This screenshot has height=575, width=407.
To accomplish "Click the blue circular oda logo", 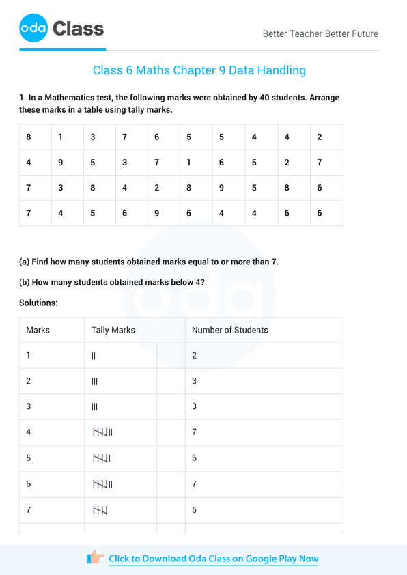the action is [x=33, y=29].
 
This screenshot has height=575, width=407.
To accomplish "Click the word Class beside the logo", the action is [x=78, y=29].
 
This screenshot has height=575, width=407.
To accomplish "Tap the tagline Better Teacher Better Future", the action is [x=320, y=33].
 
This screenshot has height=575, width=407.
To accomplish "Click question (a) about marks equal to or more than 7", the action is [x=149, y=262].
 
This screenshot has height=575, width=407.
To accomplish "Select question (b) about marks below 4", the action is [x=112, y=282].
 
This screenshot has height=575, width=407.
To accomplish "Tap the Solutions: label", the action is [x=38, y=302].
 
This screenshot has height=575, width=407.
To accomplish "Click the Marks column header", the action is [x=38, y=330].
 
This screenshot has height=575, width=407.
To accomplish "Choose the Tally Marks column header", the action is [x=113, y=330].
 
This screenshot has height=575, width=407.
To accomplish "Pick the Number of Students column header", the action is [x=229, y=330].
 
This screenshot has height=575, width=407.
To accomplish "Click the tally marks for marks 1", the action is [x=94, y=356].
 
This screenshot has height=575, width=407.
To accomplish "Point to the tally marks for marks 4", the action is [x=102, y=432].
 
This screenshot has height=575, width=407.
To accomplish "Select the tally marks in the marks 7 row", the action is [x=100, y=509].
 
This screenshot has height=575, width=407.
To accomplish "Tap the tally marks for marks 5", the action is [x=101, y=458].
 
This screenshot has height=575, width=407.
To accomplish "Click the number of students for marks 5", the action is [x=194, y=458].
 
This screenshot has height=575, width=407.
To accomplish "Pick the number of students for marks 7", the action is [x=194, y=509].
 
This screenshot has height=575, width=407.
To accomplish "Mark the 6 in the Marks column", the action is [x=29, y=483].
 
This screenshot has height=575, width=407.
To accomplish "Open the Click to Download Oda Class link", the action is [x=213, y=559].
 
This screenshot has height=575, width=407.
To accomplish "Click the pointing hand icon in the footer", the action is [x=96, y=557].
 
